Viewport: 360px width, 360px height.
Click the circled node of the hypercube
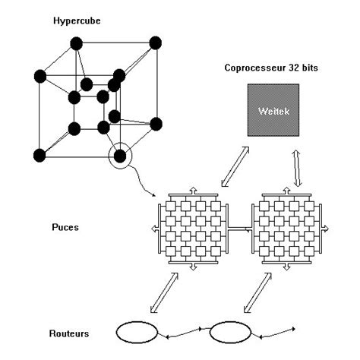(119, 158)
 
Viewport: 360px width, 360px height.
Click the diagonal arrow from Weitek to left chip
(230, 168)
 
